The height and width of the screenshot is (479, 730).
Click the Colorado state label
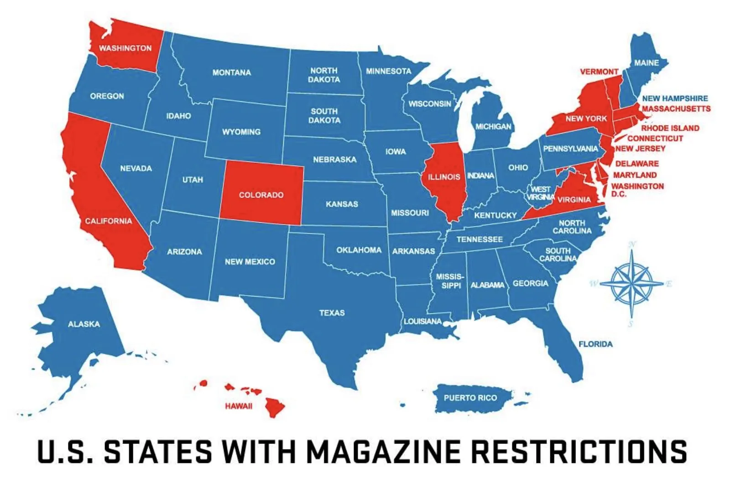pyautogui.click(x=261, y=195)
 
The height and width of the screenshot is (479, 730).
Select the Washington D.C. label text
pyautogui.click(x=637, y=189)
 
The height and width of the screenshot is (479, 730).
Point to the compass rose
pyautogui.click(x=632, y=283)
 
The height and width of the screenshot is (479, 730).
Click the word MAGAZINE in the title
pyautogui.click(x=383, y=452)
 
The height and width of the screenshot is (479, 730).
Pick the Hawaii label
pyautogui.click(x=238, y=406)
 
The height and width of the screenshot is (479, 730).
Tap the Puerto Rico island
pyautogui.click(x=470, y=398)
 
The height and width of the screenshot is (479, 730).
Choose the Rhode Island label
pyautogui.click(x=670, y=128)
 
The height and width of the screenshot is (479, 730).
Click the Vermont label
pyautogui.click(x=599, y=72)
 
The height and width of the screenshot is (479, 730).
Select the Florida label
pyautogui.click(x=595, y=344)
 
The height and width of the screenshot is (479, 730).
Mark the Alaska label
pyautogui.click(x=84, y=324)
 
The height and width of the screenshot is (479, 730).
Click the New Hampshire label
pyautogui.click(x=675, y=99)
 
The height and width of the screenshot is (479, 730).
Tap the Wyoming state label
pyautogui.click(x=241, y=132)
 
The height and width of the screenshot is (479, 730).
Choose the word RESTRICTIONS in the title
pyautogui.click(x=579, y=452)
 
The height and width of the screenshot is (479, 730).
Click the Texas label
pyautogui.click(x=332, y=313)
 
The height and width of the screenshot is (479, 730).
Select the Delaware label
pyautogui.click(x=637, y=163)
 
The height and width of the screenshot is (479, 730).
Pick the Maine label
pyautogui.click(x=646, y=63)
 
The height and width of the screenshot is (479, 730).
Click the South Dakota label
pyautogui.click(x=324, y=116)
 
